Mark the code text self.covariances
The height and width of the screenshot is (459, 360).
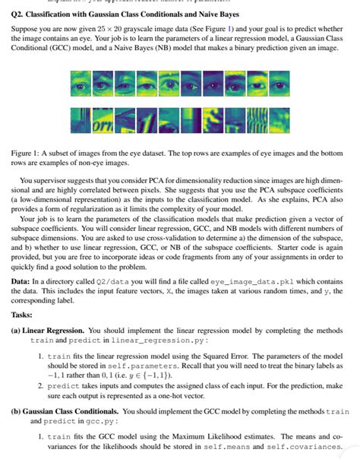[310, 447]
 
